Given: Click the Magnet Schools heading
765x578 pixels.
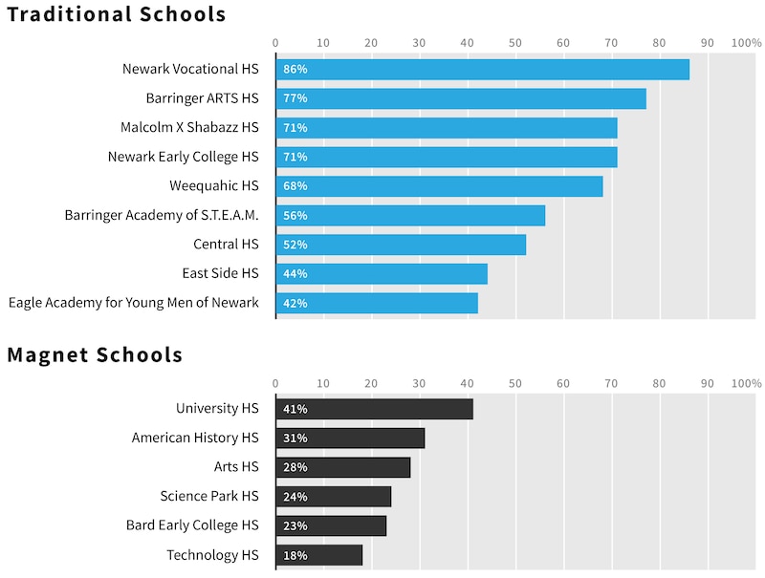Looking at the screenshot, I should tap(95, 355).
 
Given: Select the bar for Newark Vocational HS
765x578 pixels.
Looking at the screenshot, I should tap(482, 69).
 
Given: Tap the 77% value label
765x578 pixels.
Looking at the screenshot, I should tap(295, 98).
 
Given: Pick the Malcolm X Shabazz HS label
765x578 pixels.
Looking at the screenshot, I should tap(189, 127).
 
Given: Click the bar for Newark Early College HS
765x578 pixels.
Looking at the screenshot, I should tap(447, 157).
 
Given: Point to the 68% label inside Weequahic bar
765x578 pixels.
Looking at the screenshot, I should tap(295, 185).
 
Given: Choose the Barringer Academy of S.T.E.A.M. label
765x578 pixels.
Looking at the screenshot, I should tap(162, 215).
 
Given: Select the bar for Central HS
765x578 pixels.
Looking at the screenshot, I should tap(401, 245).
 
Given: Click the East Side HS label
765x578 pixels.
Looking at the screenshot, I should tap(220, 273).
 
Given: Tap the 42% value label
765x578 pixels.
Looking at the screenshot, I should tap(295, 303).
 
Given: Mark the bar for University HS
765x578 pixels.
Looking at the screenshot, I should tap(374, 409).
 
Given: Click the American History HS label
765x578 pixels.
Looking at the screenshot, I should tap(195, 438).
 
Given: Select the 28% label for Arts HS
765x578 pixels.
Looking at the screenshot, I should tap(295, 467).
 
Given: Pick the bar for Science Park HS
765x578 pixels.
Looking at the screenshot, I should tap(334, 497).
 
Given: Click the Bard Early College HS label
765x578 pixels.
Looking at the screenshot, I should tap(192, 525).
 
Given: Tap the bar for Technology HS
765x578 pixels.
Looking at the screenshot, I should tap(319, 555).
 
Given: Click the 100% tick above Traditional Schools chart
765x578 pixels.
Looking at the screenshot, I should tap(746, 43).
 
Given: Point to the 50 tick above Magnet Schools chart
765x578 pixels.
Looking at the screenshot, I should tap(514, 383).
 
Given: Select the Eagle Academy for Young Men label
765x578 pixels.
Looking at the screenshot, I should tap(133, 303).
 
